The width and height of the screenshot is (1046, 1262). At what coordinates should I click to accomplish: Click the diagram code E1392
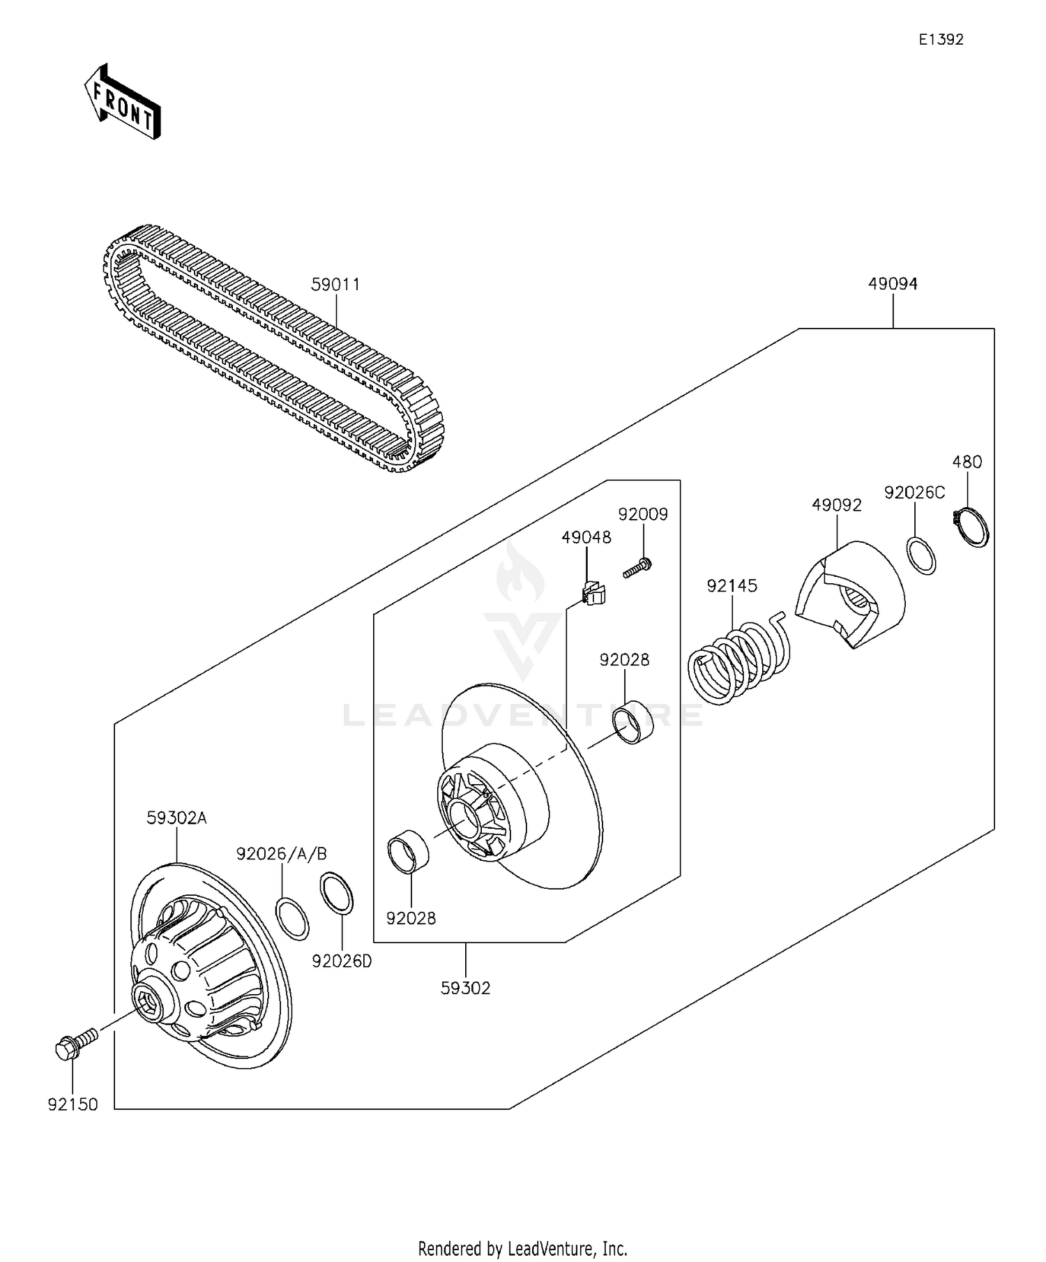coord(940,40)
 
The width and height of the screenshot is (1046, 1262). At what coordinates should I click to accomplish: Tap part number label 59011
coord(335,285)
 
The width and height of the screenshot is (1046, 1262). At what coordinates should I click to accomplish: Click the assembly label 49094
coord(893,284)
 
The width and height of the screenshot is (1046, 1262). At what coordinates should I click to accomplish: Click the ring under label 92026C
coord(921,555)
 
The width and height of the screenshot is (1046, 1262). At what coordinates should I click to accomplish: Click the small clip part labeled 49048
coord(592,593)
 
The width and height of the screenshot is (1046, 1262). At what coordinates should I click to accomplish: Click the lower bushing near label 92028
coord(408,852)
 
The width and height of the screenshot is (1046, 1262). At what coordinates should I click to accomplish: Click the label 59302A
coord(176,818)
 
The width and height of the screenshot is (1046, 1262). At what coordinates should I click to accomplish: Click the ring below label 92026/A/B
coord(293,919)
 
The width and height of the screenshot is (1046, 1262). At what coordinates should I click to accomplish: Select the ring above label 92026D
coord(337,894)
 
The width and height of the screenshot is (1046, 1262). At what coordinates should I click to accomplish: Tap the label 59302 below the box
coord(465,988)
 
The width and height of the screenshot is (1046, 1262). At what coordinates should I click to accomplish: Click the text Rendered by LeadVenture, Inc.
coord(522,1247)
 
